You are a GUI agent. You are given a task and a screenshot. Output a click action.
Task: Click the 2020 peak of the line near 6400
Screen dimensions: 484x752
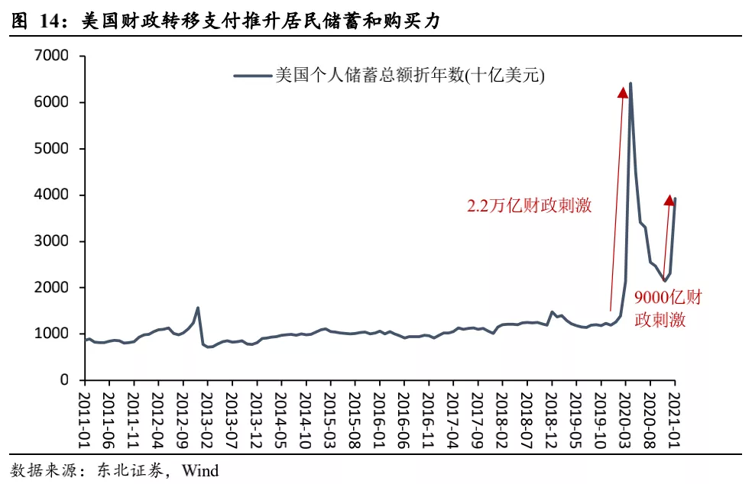coord(630,84)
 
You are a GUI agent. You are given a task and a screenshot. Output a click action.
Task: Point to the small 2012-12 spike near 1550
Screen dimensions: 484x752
coord(198,308)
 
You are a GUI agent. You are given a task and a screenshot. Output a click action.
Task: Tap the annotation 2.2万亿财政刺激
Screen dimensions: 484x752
coord(530,206)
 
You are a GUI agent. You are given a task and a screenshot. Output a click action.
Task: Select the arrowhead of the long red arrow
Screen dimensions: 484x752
coord(623,92)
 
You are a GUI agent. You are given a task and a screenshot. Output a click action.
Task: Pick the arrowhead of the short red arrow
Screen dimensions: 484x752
coord(669,200)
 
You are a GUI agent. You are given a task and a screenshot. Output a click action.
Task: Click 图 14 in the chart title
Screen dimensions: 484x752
coord(35,22)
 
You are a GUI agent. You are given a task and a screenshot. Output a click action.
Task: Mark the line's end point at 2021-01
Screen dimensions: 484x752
coord(675,198)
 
